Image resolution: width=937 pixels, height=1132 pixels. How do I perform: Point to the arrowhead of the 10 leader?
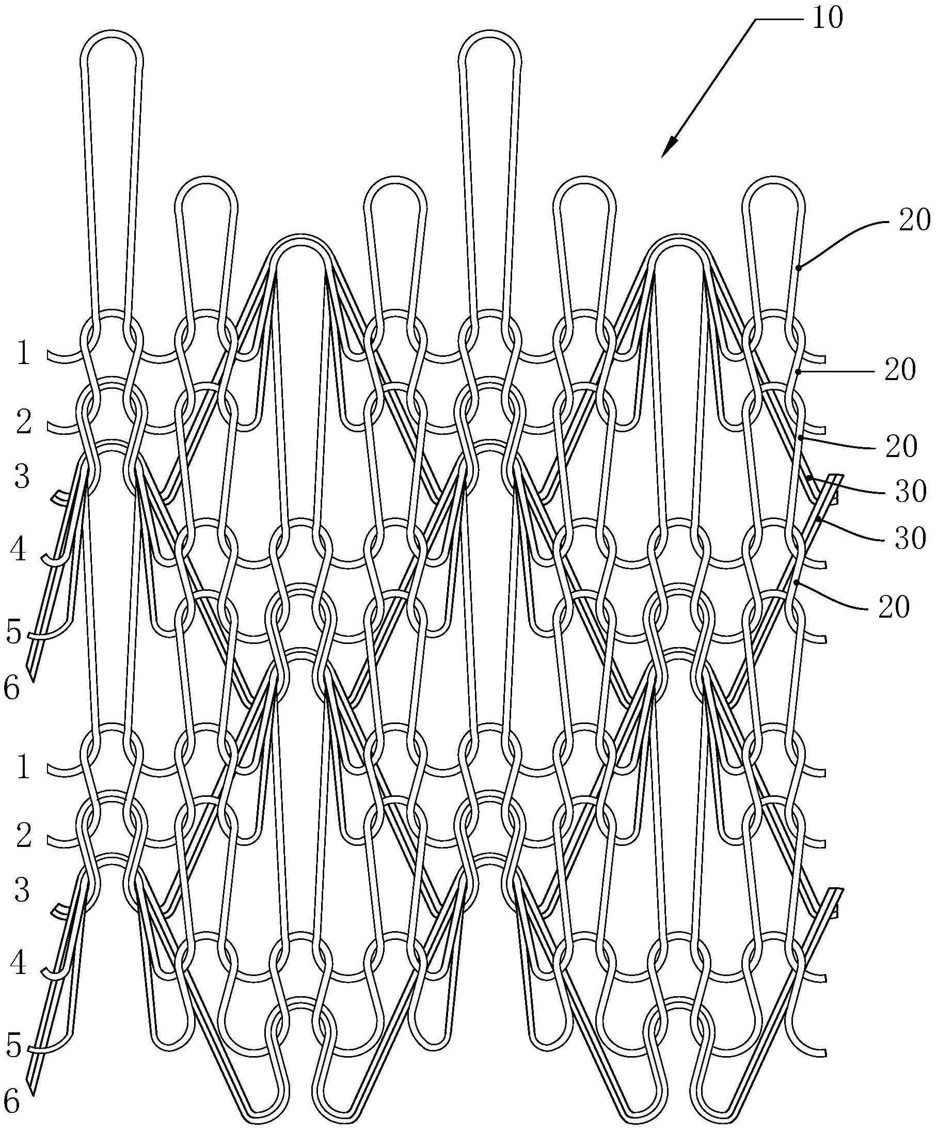pos(670,147)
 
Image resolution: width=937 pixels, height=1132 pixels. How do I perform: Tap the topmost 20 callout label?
pos(914,221)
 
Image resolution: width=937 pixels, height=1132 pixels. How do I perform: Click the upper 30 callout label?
pos(911,491)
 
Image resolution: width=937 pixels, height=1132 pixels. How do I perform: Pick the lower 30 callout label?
pos(910,538)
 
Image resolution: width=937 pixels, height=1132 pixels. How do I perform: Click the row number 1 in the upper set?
pos(23,354)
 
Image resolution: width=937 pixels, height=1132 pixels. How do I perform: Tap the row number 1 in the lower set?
pos(23,767)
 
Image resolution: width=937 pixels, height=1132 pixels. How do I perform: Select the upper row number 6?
pos(12,688)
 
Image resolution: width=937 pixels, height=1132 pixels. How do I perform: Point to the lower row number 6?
pos(12,1102)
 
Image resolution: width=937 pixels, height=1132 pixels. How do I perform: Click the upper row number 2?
pos(24,422)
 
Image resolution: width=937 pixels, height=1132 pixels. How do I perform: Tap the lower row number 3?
pos(22,890)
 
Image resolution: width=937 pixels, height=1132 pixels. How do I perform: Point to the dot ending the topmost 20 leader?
pos(800,266)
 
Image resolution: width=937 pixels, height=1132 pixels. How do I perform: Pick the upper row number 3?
pos(22,477)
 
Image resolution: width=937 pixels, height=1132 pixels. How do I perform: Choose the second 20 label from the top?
pos(900,370)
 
